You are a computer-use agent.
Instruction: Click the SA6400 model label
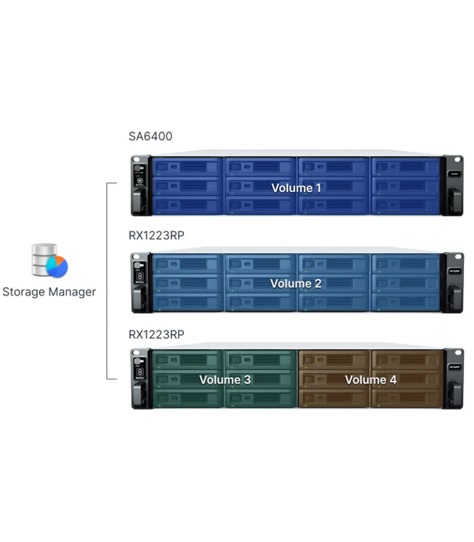150,136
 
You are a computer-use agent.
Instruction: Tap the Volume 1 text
296,188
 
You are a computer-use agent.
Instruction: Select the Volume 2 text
296,283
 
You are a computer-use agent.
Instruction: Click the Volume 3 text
225,380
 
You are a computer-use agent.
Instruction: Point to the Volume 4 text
371,380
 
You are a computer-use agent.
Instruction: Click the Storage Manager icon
49,260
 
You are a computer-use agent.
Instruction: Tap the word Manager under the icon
72,292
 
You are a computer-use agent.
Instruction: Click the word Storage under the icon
24,292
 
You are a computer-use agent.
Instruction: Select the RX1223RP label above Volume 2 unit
156,235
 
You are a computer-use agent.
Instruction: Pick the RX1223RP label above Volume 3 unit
156,335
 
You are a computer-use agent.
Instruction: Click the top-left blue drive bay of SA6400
187,167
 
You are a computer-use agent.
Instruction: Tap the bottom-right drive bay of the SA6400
405,205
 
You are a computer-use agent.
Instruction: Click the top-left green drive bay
187,359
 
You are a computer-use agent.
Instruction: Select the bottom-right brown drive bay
407,398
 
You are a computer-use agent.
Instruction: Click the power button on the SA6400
137,168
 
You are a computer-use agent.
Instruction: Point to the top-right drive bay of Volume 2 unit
405,263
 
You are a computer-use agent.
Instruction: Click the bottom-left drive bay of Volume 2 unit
187,302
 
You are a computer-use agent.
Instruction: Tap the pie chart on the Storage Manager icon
57,266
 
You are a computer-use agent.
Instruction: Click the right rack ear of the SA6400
453,186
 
